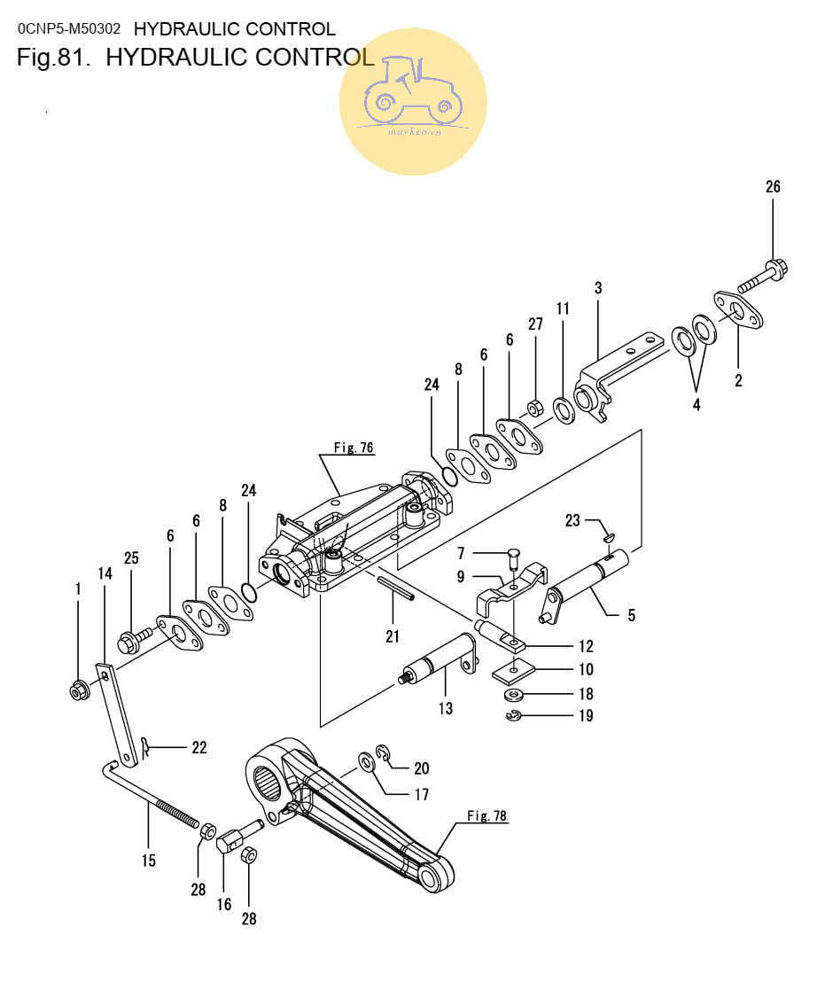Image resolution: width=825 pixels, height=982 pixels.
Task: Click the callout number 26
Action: pyautogui.click(x=773, y=187)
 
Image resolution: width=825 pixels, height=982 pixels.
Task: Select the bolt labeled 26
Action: pyautogui.click(x=763, y=274)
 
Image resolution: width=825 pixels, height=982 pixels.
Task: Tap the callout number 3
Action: pyautogui.click(x=598, y=288)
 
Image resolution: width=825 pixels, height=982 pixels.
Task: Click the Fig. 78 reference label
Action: pyautogui.click(x=487, y=816)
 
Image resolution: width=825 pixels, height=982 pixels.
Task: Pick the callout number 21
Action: pyautogui.click(x=393, y=636)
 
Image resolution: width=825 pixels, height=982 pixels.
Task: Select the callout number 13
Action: pyautogui.click(x=445, y=708)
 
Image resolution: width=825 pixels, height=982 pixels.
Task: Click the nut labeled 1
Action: pyautogui.click(x=78, y=689)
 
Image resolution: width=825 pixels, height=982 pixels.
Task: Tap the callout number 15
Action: pyautogui.click(x=148, y=861)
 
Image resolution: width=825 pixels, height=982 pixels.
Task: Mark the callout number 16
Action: pyautogui.click(x=224, y=904)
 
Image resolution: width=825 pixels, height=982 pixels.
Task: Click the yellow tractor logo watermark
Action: pyautogui.click(x=413, y=101)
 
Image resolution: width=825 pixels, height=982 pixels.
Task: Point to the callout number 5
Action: pyautogui.click(x=631, y=615)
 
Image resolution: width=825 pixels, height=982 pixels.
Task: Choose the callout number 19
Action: pyautogui.click(x=586, y=716)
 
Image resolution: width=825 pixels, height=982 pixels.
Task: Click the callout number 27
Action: pyautogui.click(x=535, y=324)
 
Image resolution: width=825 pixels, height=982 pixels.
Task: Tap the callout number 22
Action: pyautogui.click(x=199, y=748)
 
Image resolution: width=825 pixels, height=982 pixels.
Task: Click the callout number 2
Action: pyautogui.click(x=738, y=381)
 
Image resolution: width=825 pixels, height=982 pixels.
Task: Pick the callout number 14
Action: pyautogui.click(x=105, y=574)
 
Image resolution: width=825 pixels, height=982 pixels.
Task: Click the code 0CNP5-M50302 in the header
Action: pyautogui.click(x=69, y=29)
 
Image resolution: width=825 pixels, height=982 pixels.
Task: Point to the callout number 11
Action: pyautogui.click(x=563, y=308)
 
